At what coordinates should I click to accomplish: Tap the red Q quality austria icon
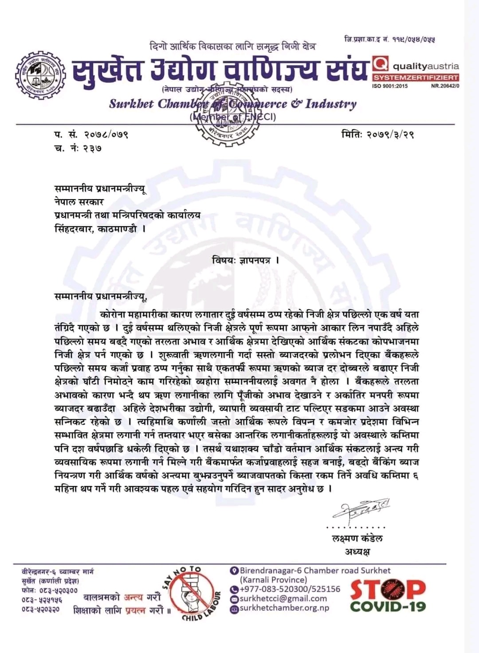(x=380, y=65)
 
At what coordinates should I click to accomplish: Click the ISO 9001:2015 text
(x=390, y=86)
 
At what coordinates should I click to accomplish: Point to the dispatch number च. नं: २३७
(x=78, y=148)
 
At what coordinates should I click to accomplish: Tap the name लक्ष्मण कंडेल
(x=357, y=539)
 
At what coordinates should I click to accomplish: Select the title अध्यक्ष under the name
(x=357, y=552)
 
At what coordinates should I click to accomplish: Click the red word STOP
(x=388, y=589)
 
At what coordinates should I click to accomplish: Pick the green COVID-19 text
(x=388, y=606)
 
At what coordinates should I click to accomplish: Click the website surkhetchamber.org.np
(x=284, y=608)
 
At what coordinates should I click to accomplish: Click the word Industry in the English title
(x=330, y=104)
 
